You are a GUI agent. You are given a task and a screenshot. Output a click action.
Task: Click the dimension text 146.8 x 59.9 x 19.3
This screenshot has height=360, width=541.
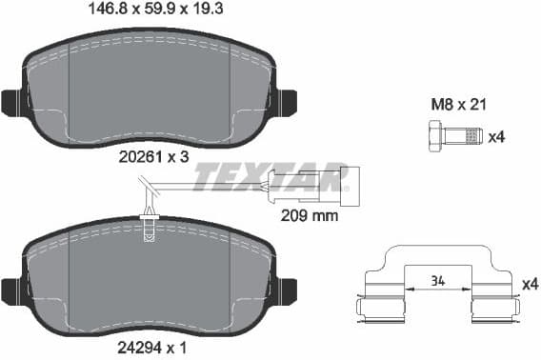(x=148, y=11)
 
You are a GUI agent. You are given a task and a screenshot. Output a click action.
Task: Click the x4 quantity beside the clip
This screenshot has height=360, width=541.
(x=530, y=284)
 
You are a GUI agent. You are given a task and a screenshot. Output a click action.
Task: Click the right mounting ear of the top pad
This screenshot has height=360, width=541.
(x=287, y=101)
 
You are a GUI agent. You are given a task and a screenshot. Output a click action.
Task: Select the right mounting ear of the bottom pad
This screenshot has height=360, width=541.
(x=287, y=290)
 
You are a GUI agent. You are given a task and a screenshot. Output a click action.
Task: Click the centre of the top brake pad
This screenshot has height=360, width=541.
(x=150, y=90)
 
